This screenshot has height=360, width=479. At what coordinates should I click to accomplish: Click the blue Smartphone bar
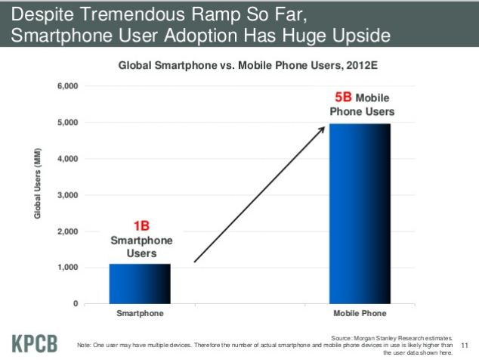pos(140,284)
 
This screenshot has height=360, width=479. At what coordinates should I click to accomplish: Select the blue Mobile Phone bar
pos(360,214)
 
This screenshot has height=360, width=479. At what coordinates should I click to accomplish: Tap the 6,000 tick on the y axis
pos(67,86)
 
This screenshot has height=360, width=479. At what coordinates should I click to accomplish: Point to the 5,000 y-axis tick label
pos(67,123)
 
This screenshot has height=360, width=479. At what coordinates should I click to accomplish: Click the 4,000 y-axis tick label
pos(67,159)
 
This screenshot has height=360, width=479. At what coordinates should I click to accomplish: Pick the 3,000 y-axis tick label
pos(67,195)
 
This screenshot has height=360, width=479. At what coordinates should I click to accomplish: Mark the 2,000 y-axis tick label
pos(67,231)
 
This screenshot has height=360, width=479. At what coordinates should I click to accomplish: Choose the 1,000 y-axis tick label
pos(67,267)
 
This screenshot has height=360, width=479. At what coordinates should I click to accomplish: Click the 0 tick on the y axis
pos(76,304)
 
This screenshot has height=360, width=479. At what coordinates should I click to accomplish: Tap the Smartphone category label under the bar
pos(140,313)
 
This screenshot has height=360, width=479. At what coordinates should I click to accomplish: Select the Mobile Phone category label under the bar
pos(360,313)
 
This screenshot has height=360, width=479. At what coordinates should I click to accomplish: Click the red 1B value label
pos(141,226)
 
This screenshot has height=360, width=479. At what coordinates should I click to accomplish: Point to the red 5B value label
pos(343,98)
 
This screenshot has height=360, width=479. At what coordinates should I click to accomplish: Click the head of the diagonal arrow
pos(324,127)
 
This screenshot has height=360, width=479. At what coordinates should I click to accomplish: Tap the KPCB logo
pos(35,344)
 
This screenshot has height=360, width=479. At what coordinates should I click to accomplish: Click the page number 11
pos(465,346)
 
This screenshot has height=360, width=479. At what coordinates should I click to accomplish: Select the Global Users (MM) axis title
pos(37,184)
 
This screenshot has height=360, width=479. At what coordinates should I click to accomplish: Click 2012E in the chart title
pos(362,65)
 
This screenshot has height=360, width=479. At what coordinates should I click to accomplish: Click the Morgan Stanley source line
pos(391,338)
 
